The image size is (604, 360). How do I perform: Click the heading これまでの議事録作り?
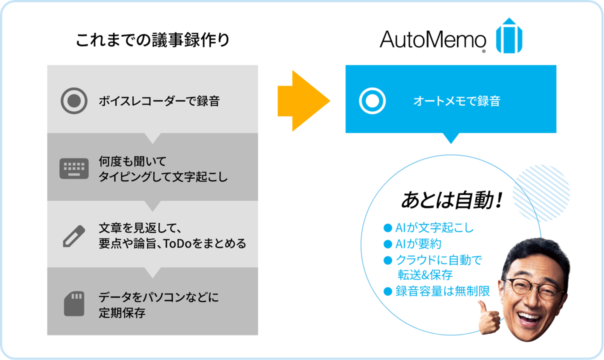point(152,40)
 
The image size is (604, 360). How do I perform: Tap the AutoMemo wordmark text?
point(433,39)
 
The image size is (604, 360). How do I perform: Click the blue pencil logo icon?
point(509,36)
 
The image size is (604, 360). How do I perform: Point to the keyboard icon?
point(74,169)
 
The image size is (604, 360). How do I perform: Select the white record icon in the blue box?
point(372,101)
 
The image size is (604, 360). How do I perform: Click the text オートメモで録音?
point(456,101)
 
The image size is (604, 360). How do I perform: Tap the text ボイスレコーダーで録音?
point(159,101)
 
